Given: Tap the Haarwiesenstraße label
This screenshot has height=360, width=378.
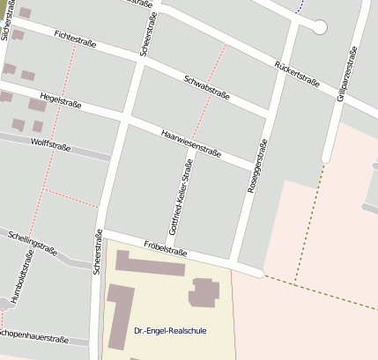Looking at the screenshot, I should point(191,142).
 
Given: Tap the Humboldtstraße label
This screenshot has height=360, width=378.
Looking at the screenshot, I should point(21,277).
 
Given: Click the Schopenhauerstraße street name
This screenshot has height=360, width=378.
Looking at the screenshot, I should point(33,335).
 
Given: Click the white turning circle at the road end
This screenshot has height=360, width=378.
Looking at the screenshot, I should point(319,27).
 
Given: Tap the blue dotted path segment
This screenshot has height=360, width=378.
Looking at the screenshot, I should point(300,7).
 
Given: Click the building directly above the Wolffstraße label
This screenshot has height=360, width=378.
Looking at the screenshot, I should point(38,127).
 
